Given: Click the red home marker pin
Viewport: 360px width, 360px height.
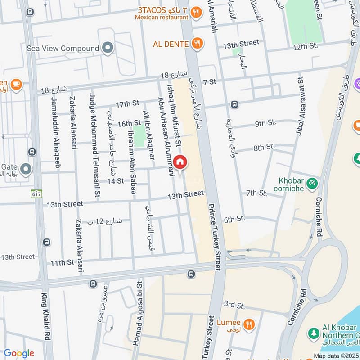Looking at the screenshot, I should tap(180, 162).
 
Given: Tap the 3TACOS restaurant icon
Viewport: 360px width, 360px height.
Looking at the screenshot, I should tap(196, 13).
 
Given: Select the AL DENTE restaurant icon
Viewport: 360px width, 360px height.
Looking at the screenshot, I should tap(197, 44).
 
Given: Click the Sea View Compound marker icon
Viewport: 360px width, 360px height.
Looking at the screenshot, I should tap(108, 48).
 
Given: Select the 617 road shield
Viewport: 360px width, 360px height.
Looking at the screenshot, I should tap(36, 193).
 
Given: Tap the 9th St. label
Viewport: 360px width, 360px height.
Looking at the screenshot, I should tap(265, 122).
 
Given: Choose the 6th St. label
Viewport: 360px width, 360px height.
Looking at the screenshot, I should tap(234, 219).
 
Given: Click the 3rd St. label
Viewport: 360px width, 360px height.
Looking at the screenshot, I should tap(234, 305).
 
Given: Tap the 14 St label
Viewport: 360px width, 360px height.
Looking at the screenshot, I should tap(115, 181).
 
